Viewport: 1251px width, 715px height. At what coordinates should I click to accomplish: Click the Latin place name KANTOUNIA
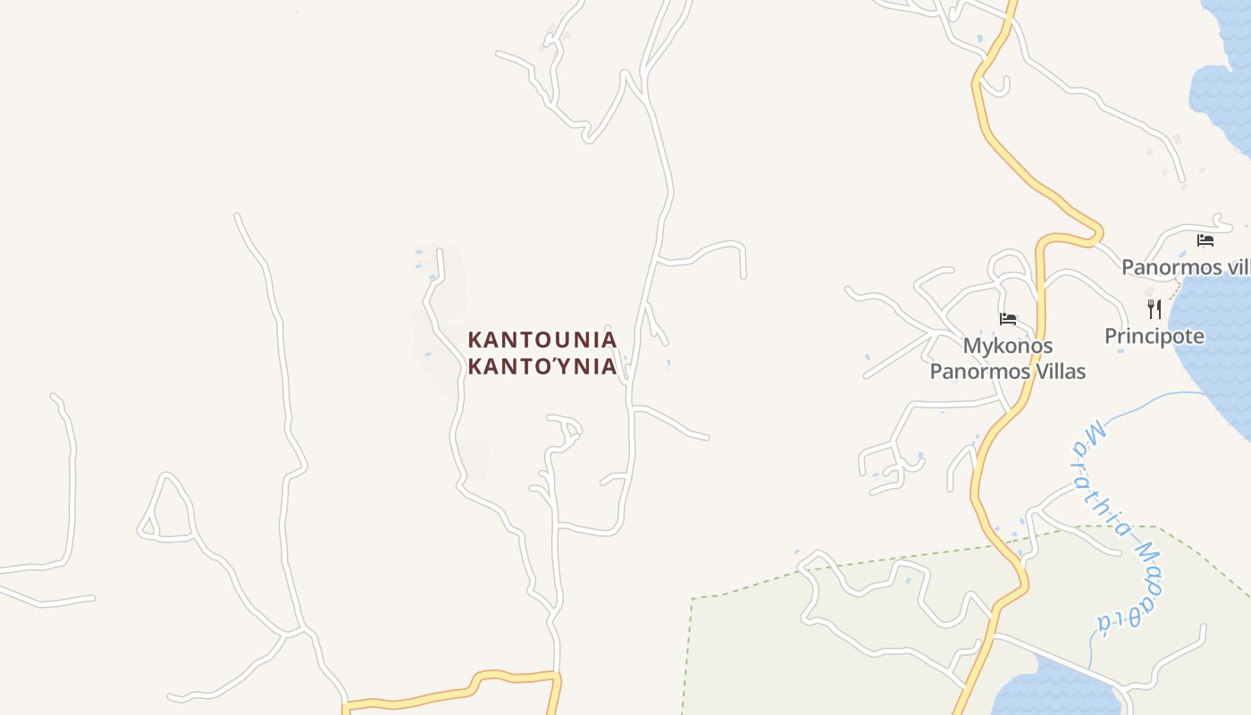click(x=542, y=340)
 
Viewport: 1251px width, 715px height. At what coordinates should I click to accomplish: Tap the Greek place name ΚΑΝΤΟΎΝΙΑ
click(x=542, y=366)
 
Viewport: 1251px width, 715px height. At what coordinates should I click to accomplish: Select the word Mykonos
click(x=1007, y=346)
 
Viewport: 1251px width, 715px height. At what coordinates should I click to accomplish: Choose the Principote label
click(x=1154, y=337)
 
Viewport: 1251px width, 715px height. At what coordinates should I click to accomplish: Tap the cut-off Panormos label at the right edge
click(x=1185, y=267)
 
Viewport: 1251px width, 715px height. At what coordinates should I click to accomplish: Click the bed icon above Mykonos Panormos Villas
click(x=1008, y=319)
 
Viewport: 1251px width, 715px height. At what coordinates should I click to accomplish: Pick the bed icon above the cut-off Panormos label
click(x=1205, y=240)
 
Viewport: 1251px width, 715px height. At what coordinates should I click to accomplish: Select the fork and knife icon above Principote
click(x=1154, y=309)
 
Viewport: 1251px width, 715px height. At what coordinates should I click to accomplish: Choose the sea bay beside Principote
click(x=1215, y=340)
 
